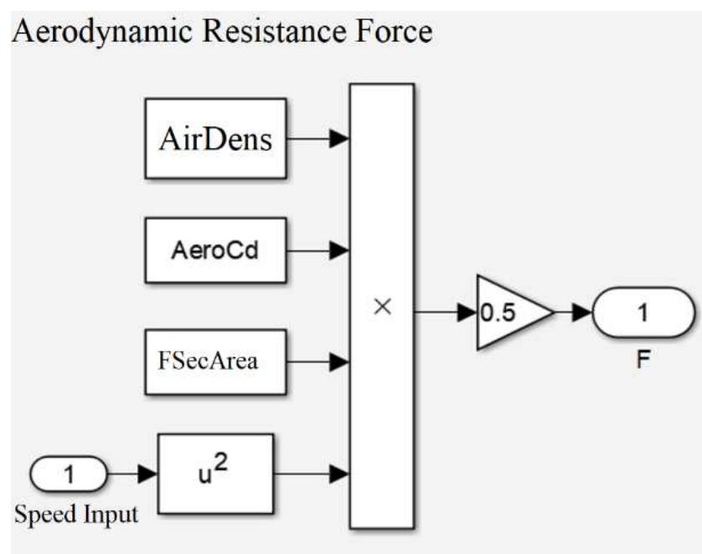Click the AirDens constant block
215,138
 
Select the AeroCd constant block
215,250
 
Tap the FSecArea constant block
215,362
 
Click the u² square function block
215,474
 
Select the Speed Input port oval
70,475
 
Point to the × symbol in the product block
382,308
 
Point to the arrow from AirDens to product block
317,139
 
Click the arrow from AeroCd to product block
317,250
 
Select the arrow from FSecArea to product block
317,362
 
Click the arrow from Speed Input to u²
132,475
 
